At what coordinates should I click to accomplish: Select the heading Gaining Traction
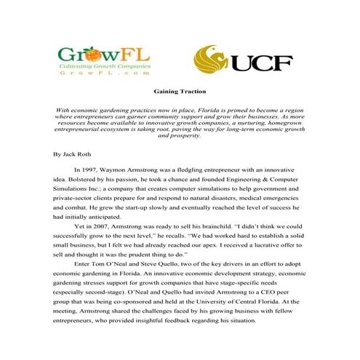[179, 92]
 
